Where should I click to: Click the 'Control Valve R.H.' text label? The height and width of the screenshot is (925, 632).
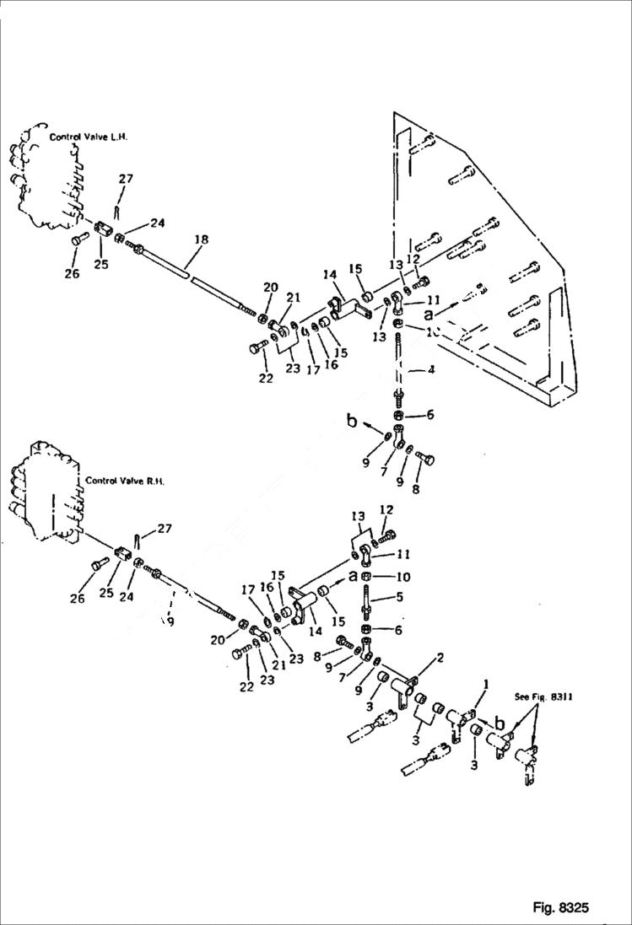pos(125,481)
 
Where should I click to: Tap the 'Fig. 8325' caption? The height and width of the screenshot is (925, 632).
pos(560,907)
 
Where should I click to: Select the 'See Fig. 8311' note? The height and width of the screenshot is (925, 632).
pos(543,697)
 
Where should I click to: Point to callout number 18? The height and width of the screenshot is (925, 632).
pos(200,240)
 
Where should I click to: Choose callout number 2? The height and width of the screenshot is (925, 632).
pos(440,656)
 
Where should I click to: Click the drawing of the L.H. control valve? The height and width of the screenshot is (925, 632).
pos(42,181)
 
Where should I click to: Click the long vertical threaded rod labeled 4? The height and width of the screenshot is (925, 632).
pos(398,363)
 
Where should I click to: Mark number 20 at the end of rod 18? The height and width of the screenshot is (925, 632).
pos(270,288)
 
